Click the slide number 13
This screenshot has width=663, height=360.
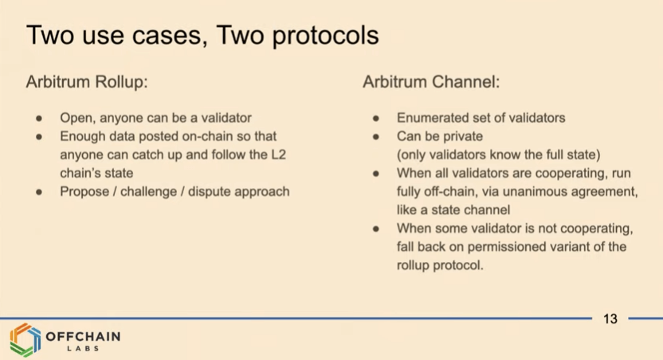pyautogui.click(x=610, y=319)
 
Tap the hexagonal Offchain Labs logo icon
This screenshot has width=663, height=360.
pyautogui.click(x=25, y=340)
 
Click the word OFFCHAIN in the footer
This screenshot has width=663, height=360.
pyautogui.click(x=83, y=336)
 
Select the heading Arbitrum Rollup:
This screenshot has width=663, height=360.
pyautogui.click(x=87, y=81)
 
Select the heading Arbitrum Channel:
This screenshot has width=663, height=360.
pyautogui.click(x=431, y=81)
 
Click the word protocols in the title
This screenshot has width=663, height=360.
pyautogui.click(x=325, y=36)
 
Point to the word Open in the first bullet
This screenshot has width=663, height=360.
pyautogui.click(x=77, y=118)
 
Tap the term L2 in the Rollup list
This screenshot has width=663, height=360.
pyautogui.click(x=279, y=155)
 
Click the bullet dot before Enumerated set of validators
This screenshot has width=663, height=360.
pyautogui.click(x=376, y=119)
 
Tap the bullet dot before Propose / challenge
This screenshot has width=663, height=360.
pyautogui.click(x=39, y=192)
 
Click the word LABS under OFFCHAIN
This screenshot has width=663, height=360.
pyautogui.click(x=83, y=349)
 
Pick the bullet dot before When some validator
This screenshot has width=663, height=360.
pyautogui.click(x=376, y=229)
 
